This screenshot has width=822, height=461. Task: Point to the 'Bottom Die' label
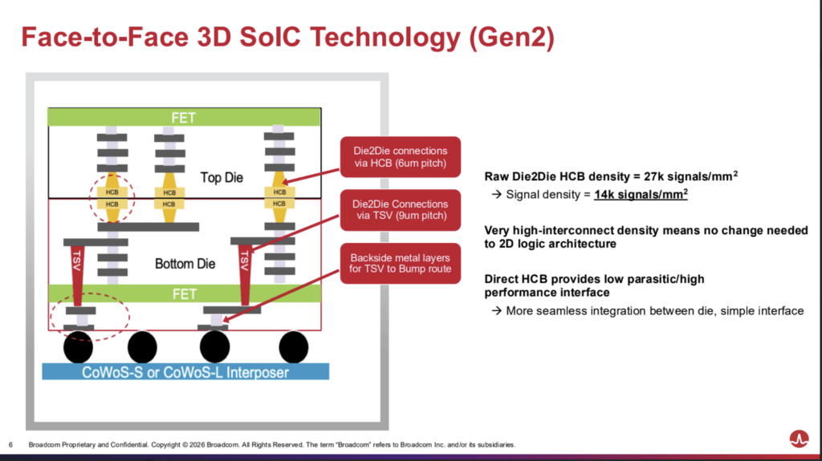[185, 263]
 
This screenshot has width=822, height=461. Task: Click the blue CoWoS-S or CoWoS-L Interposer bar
[185, 372]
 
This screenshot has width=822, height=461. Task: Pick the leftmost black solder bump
[80, 347]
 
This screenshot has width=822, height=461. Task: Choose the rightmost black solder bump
[293, 347]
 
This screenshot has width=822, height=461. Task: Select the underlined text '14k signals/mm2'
[641, 194]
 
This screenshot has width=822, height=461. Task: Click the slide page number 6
[10, 445]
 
